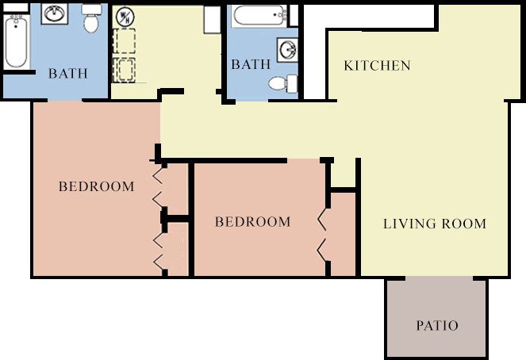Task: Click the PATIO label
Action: (x=437, y=325)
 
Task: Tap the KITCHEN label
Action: (x=378, y=65)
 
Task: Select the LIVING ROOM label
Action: (x=435, y=224)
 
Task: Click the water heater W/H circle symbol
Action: (x=125, y=17)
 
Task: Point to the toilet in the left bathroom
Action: (x=91, y=18)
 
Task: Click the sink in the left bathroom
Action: (x=54, y=13)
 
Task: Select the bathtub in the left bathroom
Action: (x=16, y=41)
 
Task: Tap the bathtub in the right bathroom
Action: (x=260, y=15)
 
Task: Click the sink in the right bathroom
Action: (x=287, y=50)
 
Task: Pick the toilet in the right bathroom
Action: (x=282, y=83)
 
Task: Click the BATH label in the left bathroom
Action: (x=68, y=74)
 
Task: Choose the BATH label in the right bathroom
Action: (x=251, y=64)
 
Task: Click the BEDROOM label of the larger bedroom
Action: (x=97, y=186)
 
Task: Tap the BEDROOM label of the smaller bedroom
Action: (x=252, y=222)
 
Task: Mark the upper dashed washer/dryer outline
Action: (x=124, y=41)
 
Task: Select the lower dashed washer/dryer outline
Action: (x=124, y=70)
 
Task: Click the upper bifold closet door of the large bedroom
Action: (x=159, y=186)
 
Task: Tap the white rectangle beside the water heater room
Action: (x=212, y=20)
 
